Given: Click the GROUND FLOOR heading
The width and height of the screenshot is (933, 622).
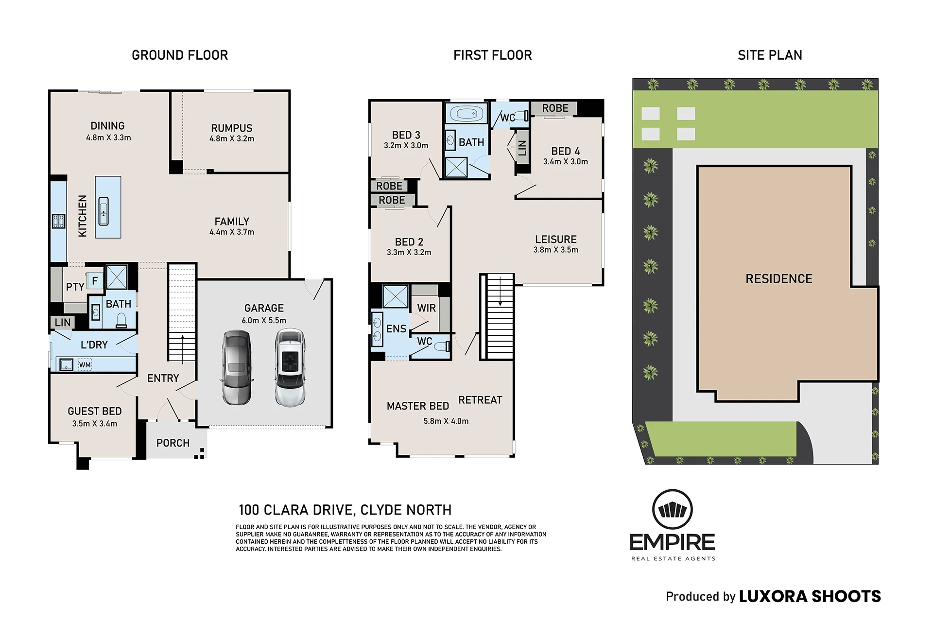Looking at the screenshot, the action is pyautogui.click(x=180, y=55).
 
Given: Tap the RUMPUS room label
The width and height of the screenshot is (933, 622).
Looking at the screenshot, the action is pyautogui.click(x=232, y=128).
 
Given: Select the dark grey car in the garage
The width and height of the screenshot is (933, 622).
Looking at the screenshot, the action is pyautogui.click(x=237, y=368).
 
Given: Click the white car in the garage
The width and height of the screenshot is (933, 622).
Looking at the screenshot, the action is pyautogui.click(x=290, y=367).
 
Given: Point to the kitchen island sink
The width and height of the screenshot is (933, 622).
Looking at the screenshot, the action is pyautogui.click(x=104, y=211).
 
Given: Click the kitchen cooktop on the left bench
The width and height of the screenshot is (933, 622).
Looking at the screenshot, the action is pyautogui.click(x=59, y=222).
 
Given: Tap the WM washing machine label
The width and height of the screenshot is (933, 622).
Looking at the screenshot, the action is pyautogui.click(x=85, y=365).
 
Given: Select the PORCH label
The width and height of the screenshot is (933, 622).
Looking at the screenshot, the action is pyautogui.click(x=173, y=443).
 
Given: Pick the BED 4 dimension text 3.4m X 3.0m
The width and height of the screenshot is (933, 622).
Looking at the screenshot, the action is pyautogui.click(x=566, y=162).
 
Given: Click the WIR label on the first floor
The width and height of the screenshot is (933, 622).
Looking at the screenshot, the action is pyautogui.click(x=426, y=308).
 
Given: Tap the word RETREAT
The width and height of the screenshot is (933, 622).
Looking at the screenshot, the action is pyautogui.click(x=480, y=400).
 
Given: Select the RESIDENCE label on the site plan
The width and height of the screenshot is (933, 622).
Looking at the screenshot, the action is pyautogui.click(x=779, y=279).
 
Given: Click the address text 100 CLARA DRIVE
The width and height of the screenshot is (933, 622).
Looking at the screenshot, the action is pyautogui.click(x=295, y=510).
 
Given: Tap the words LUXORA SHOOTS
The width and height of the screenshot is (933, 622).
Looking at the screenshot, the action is pyautogui.click(x=810, y=597).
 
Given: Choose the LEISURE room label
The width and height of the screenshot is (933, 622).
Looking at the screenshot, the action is pyautogui.click(x=556, y=240).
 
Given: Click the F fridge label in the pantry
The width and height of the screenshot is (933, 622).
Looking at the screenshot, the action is pyautogui.click(x=95, y=281).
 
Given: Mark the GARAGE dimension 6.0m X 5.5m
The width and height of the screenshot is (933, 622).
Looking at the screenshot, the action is pyautogui.click(x=264, y=321).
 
